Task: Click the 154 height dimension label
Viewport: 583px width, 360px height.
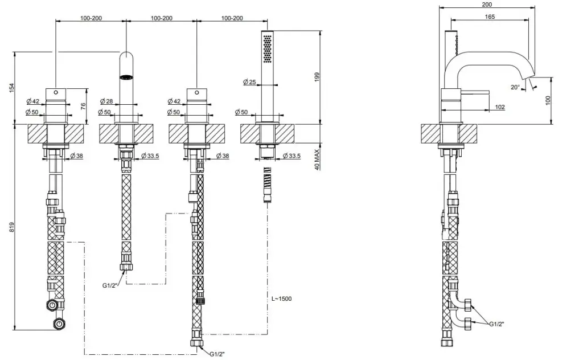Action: pos(13,88)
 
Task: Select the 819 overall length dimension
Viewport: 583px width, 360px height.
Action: pos(13,227)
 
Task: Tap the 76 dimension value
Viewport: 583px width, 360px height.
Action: pos(83,106)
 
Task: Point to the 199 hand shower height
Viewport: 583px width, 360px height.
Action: pos(317,77)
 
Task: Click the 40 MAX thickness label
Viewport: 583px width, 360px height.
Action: pos(317,159)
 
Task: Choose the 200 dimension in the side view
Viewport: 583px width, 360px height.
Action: pos(487,5)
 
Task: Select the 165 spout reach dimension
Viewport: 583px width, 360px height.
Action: pos(490,17)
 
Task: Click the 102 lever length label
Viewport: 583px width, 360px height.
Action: pos(500,107)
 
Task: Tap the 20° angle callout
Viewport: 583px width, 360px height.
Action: pos(515,87)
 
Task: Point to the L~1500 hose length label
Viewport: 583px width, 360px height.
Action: pos(281,298)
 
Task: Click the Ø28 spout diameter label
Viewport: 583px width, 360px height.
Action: pos(106,101)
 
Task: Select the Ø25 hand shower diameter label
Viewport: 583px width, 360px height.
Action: pos(250,82)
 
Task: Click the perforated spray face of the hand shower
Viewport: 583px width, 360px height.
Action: pos(268,48)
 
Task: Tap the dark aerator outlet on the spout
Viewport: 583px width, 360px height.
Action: pos(126,77)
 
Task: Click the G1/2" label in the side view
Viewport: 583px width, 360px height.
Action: pos(496,324)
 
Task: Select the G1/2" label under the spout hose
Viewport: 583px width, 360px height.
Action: pos(110,285)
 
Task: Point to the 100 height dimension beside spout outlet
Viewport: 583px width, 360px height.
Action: pos(548,100)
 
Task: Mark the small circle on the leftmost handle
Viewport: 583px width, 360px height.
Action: pos(56,92)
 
